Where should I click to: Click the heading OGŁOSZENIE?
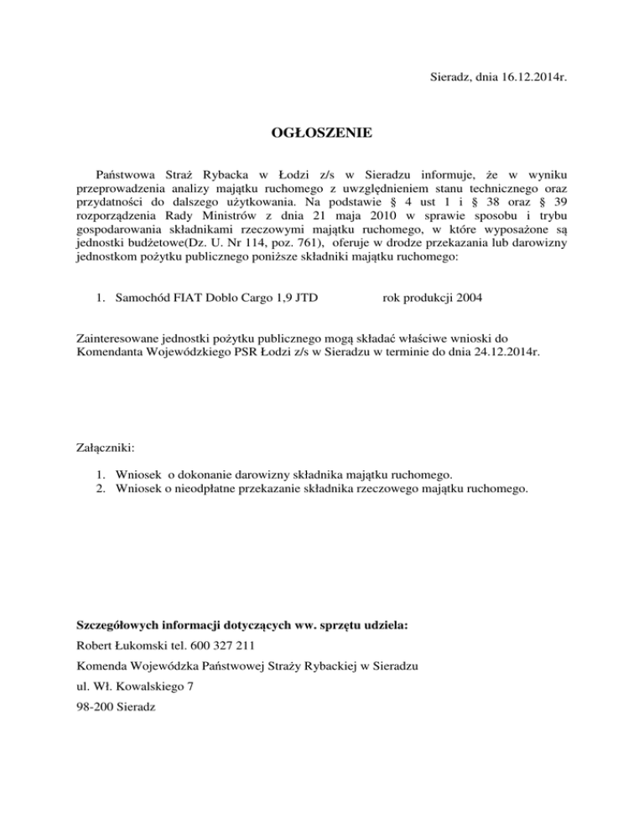click(x=322, y=133)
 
